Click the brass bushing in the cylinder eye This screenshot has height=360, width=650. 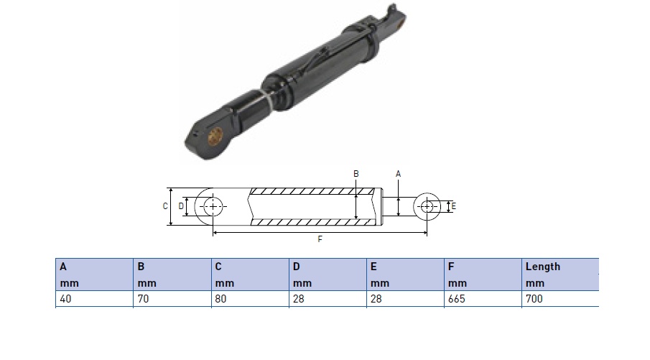[x=215, y=136]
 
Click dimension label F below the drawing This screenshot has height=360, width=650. [x=320, y=239]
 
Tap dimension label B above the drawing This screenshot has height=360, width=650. [x=356, y=174]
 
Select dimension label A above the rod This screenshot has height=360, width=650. [x=399, y=174]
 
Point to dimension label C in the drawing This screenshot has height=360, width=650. [x=165, y=206]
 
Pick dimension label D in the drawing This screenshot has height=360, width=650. [x=181, y=206]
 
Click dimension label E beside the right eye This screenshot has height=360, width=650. [x=453, y=206]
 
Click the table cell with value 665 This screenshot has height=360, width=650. [x=483, y=299]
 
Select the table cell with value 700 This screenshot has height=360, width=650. [x=560, y=299]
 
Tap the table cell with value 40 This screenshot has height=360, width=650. [x=95, y=299]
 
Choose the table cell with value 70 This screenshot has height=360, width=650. [x=172, y=299]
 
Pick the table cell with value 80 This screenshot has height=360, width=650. [x=250, y=299]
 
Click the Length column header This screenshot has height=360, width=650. [x=543, y=267]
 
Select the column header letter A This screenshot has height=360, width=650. [x=63, y=267]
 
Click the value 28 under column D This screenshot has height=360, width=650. [x=299, y=299]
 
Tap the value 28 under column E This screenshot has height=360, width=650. [x=376, y=299]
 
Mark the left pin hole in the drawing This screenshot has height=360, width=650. [x=213, y=206]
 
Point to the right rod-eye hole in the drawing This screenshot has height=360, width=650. [x=427, y=206]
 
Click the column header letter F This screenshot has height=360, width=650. [x=451, y=267]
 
